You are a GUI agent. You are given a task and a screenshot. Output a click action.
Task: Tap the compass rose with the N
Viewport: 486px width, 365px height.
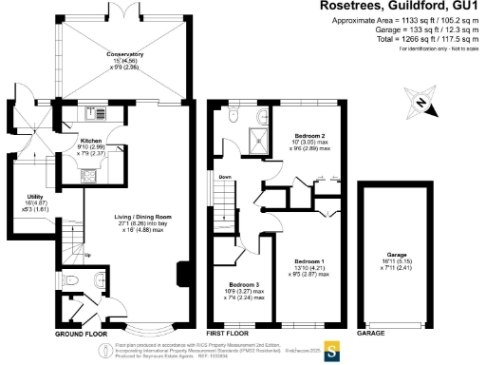point(419,103)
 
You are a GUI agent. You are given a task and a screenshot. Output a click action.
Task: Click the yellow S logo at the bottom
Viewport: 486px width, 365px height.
point(332,353)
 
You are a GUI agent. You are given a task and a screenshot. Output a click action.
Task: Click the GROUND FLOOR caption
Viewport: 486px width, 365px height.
point(82,335)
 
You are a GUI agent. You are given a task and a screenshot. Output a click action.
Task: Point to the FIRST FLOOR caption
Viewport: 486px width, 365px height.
point(228,335)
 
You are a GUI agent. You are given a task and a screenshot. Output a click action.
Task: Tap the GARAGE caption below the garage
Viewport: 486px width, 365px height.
point(373,335)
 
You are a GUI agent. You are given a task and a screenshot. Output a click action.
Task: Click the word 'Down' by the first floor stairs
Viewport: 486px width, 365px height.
point(224,177)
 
